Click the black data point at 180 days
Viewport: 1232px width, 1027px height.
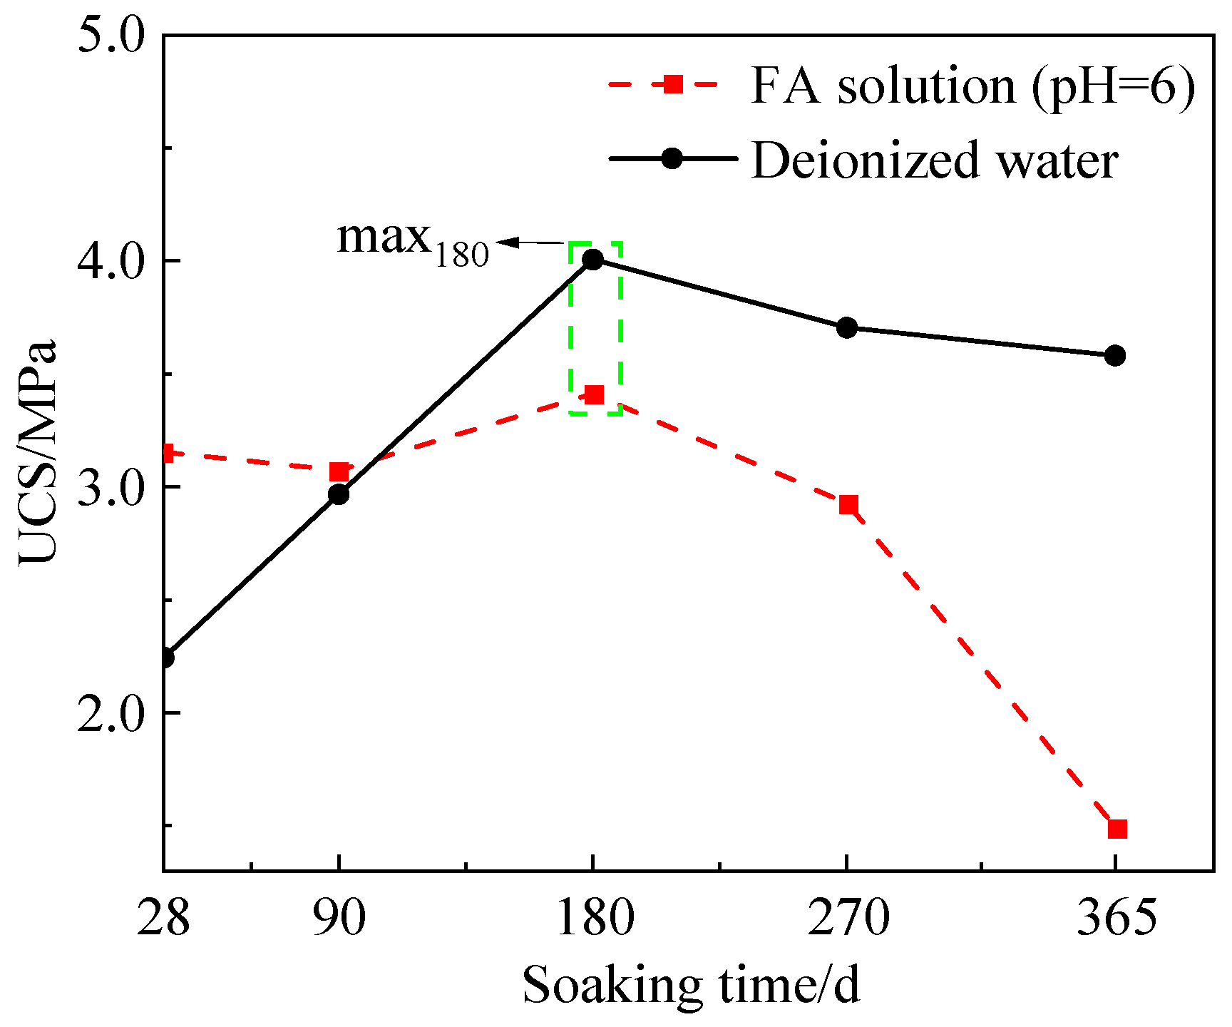[x=592, y=259]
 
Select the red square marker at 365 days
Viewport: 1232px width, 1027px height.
[x=1117, y=829]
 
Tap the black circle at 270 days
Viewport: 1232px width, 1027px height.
[x=847, y=328]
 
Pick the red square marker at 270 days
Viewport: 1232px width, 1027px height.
[x=848, y=505]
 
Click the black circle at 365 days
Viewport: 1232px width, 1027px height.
[x=1115, y=355]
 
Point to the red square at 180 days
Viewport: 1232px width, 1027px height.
[x=594, y=394]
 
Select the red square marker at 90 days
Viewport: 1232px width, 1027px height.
[x=339, y=471]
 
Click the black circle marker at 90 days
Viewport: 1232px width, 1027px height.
[x=339, y=494]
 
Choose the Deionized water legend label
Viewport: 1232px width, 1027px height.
[x=934, y=160]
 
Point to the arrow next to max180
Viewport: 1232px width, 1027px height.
[x=531, y=242]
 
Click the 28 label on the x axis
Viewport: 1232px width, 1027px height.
[x=163, y=918]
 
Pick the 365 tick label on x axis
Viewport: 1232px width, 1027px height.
[x=1116, y=918]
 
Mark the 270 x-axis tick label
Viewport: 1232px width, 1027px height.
[x=848, y=918]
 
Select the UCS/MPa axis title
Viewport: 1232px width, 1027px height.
[x=37, y=453]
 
